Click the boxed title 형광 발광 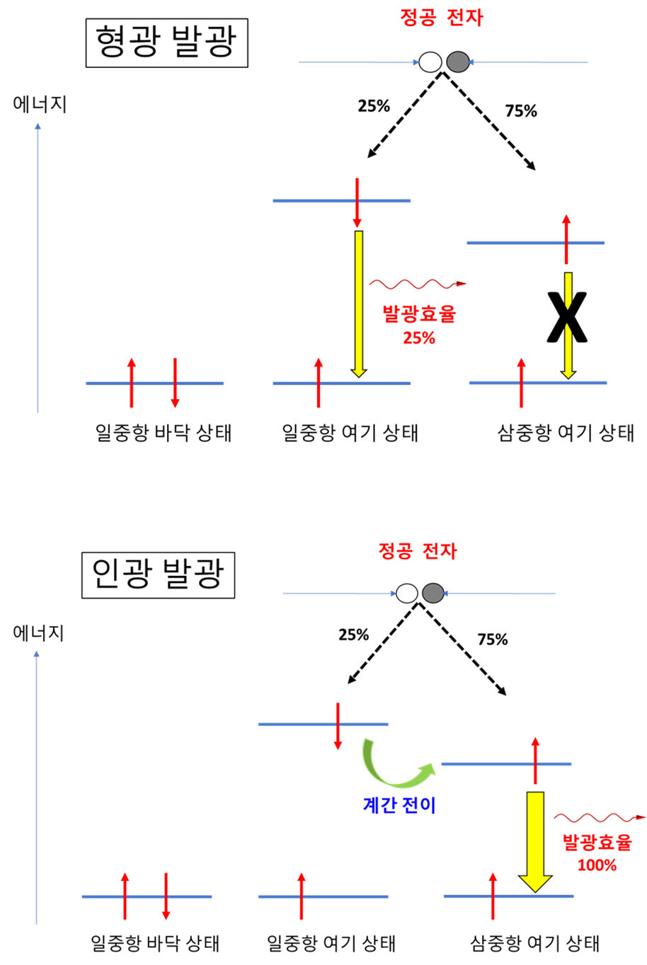167,42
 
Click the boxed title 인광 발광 158,575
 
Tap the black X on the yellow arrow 567,317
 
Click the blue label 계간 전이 399,805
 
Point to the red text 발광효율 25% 419,325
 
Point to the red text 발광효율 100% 597,853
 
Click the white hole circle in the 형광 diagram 430,62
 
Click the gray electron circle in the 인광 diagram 433,593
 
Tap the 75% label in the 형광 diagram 521,111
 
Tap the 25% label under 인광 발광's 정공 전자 353,635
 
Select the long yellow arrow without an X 359,304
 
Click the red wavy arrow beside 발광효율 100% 600,817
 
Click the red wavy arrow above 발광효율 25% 418,284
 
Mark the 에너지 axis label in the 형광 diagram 40,105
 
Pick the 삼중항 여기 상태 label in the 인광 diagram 534,943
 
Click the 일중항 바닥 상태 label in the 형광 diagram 164,432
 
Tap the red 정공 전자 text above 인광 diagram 417,551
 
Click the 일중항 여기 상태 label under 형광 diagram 350,432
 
